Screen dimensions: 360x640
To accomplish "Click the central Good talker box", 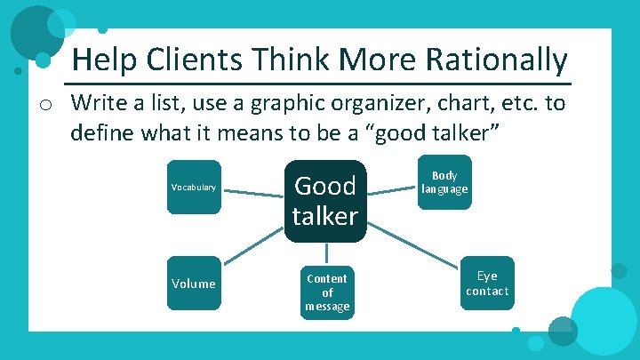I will (x=325, y=200).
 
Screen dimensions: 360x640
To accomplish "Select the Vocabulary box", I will (x=194, y=188).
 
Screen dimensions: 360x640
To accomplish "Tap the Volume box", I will (x=194, y=284).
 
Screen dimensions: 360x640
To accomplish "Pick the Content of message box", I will (x=327, y=292).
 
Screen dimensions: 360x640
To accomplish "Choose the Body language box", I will (x=444, y=182).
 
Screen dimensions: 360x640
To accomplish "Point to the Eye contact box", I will (x=487, y=284).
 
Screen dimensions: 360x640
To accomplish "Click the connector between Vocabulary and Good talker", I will (x=252, y=188).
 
